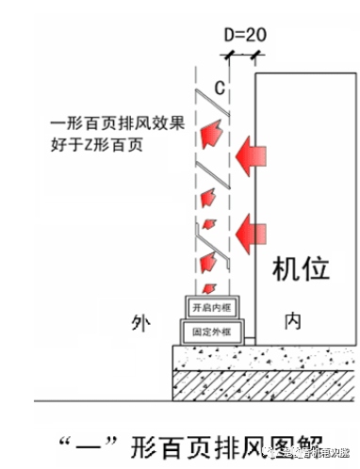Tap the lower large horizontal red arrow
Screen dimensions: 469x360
click(254, 227)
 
